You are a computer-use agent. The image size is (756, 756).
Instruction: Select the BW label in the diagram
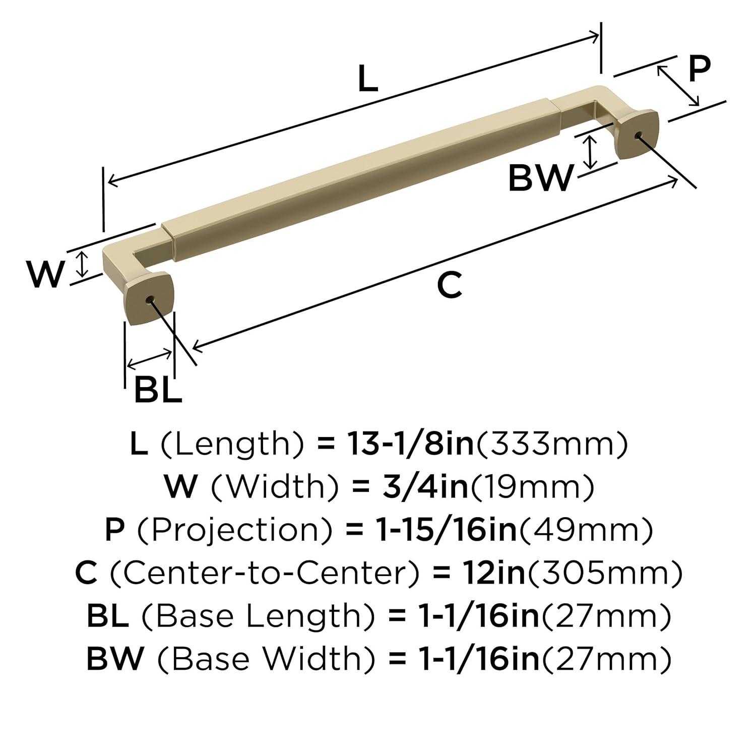[540, 178]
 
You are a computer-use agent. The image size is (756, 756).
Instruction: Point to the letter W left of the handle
[45, 274]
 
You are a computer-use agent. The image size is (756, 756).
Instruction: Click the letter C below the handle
[449, 285]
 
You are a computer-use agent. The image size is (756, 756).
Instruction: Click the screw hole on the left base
[149, 300]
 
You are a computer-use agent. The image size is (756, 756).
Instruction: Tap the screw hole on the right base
[639, 135]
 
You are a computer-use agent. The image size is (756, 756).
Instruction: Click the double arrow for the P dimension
[678, 86]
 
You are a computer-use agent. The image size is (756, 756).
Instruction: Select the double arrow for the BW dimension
[590, 153]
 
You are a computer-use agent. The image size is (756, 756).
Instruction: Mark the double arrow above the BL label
[150, 358]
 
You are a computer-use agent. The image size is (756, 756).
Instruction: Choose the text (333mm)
[552, 444]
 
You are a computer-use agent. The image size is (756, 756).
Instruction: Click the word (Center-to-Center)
[265, 573]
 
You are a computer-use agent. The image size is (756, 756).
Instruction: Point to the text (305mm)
[604, 573]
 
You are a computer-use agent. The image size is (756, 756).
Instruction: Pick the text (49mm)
[586, 530]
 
